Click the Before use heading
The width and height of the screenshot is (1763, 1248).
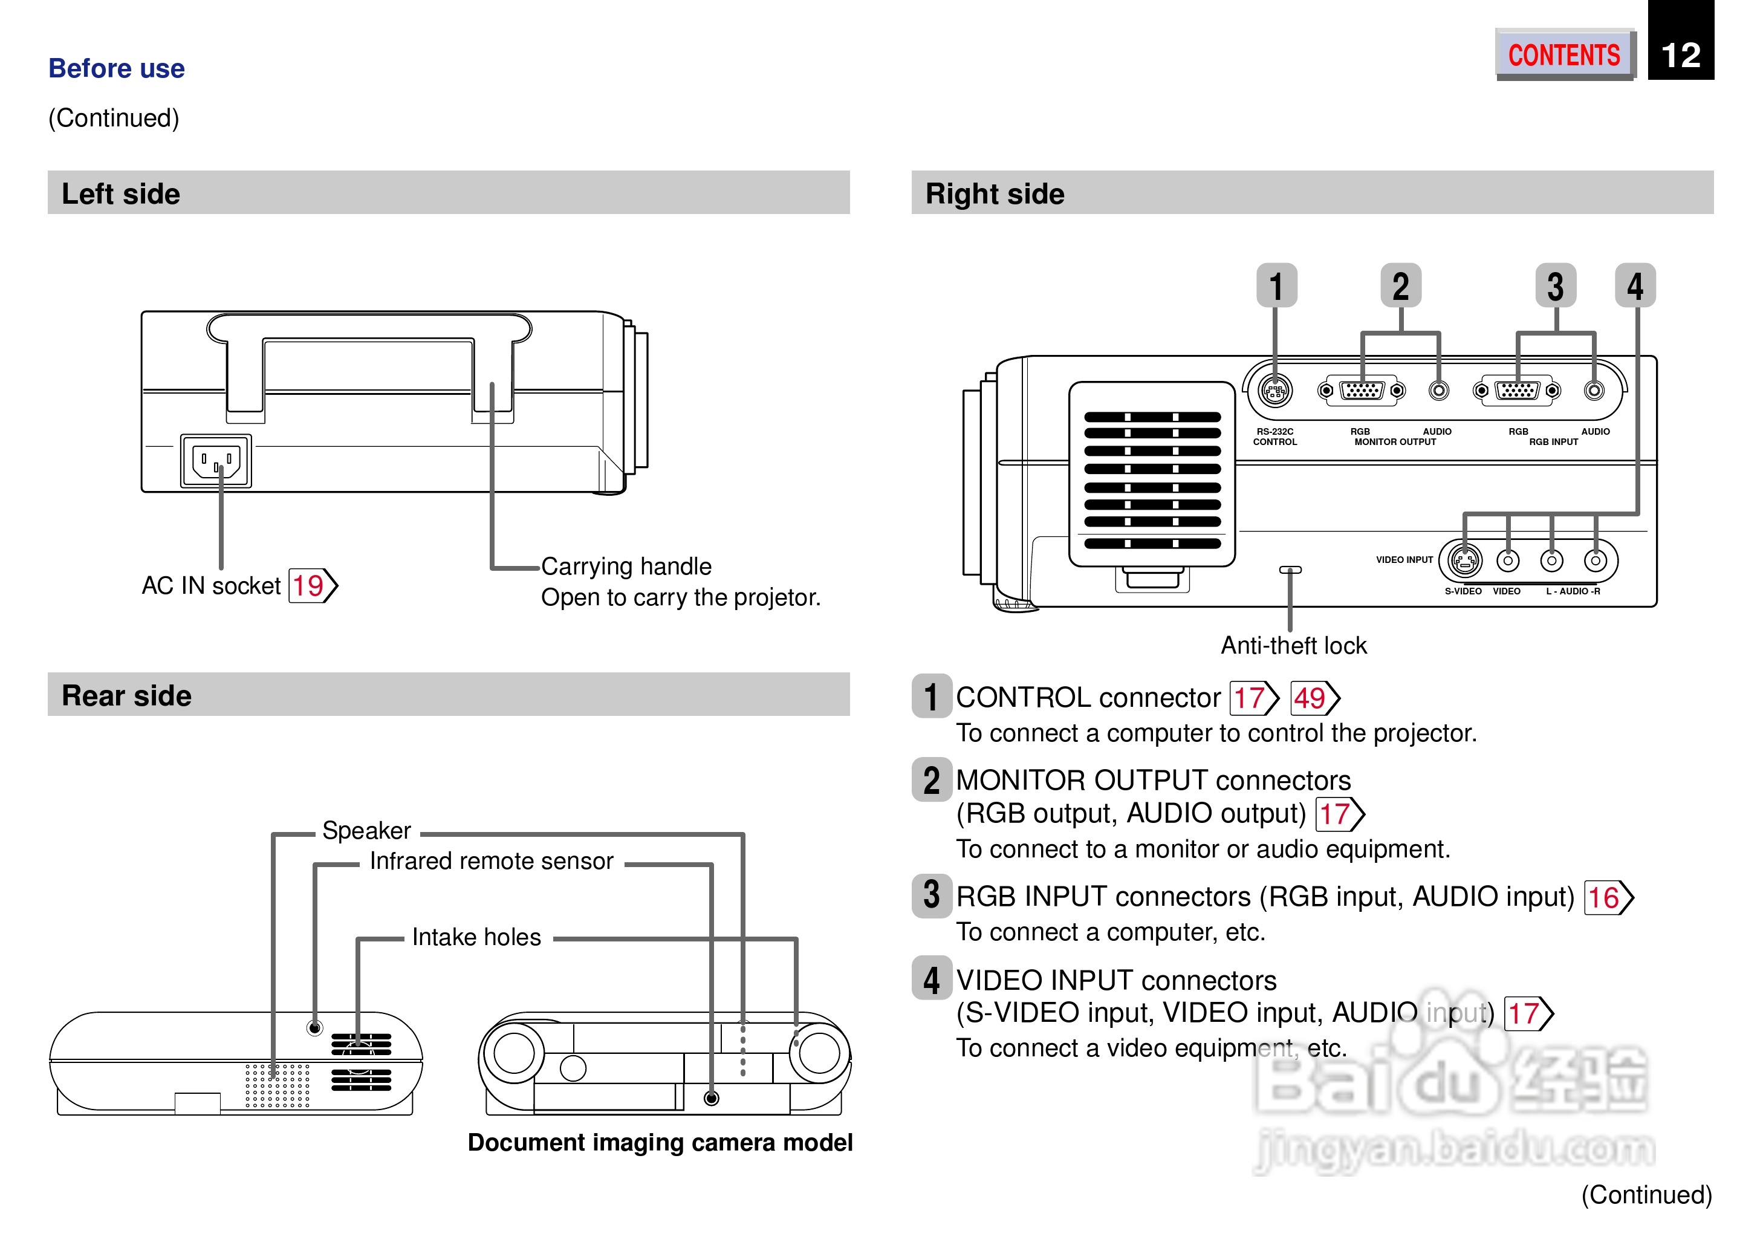click(x=116, y=68)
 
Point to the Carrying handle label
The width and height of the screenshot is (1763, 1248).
click(x=626, y=567)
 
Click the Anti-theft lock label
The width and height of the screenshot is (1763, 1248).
click(x=1294, y=646)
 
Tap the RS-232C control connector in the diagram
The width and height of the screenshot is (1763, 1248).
click(x=1275, y=391)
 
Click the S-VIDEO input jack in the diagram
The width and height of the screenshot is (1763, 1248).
click(x=1464, y=561)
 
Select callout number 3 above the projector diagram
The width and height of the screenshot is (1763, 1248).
click(x=1556, y=286)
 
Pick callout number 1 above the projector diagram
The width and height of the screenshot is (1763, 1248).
click(x=1276, y=286)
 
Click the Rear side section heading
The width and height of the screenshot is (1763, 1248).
click(x=127, y=695)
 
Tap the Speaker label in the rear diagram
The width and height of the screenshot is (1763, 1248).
click(x=366, y=831)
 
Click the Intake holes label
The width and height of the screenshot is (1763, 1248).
click(x=476, y=938)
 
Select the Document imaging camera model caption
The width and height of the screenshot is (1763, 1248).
click(x=660, y=1143)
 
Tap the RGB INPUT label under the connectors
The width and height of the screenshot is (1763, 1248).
click(x=1553, y=442)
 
